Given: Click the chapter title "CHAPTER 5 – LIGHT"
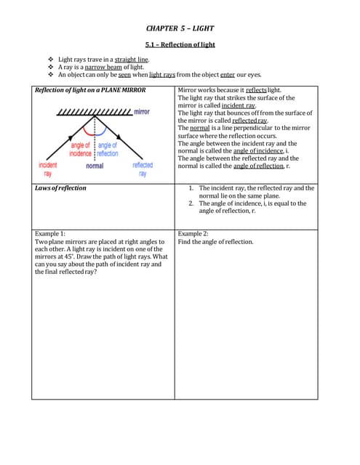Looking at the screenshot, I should coord(180,28).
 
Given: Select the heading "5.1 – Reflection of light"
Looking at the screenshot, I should coord(180,45).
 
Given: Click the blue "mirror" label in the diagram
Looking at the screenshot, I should coord(141,112).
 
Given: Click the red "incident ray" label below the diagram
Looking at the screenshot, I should coord(48,169).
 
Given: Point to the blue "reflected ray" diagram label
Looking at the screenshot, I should coord(143,169).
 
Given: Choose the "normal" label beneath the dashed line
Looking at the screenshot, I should coord(95,166).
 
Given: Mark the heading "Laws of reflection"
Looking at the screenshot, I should coord(60,188).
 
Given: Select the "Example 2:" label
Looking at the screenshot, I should coord(193,234).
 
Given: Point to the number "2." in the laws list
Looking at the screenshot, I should coord(191,203).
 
